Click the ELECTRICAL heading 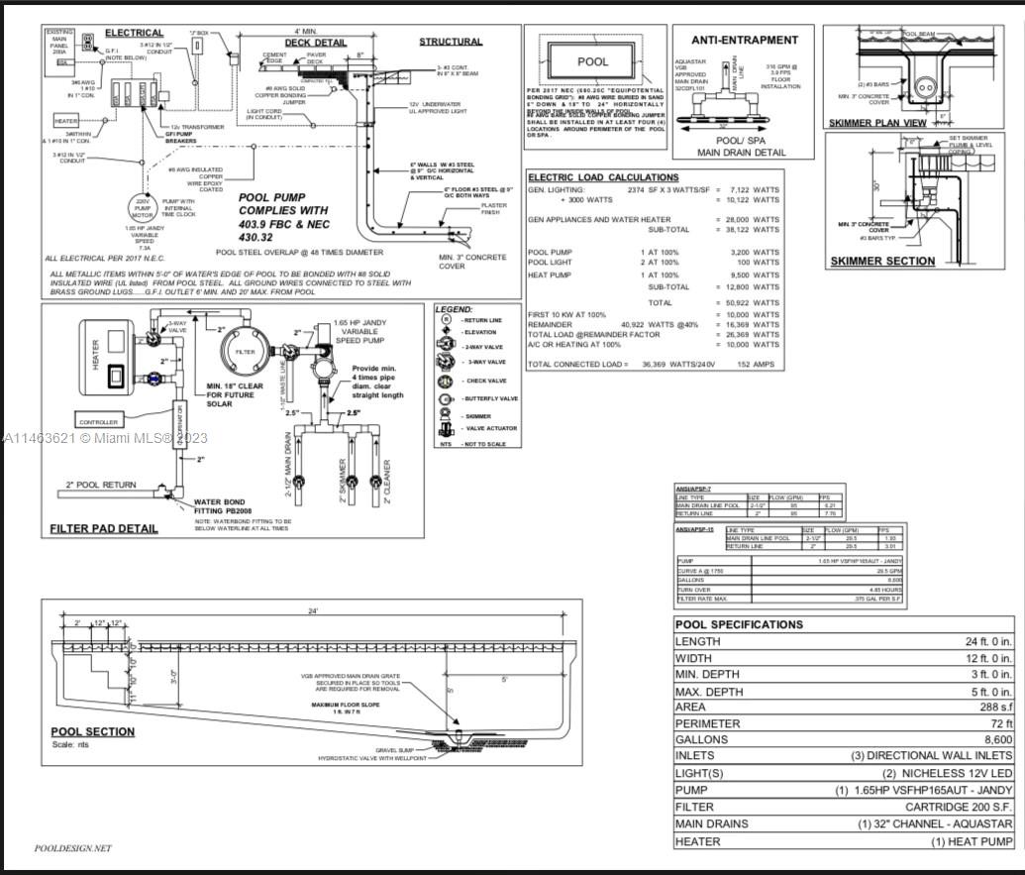[134, 34]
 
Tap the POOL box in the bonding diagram [593, 61]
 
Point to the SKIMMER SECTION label [881, 262]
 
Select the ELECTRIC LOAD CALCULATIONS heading [602, 177]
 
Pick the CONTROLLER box [98, 421]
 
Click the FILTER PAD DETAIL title [103, 528]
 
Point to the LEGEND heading [455, 309]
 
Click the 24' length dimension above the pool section [313, 610]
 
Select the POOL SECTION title [93, 732]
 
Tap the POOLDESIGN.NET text [73, 848]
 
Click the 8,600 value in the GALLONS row [991, 740]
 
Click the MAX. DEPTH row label [710, 691]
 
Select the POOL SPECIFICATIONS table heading [738, 624]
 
